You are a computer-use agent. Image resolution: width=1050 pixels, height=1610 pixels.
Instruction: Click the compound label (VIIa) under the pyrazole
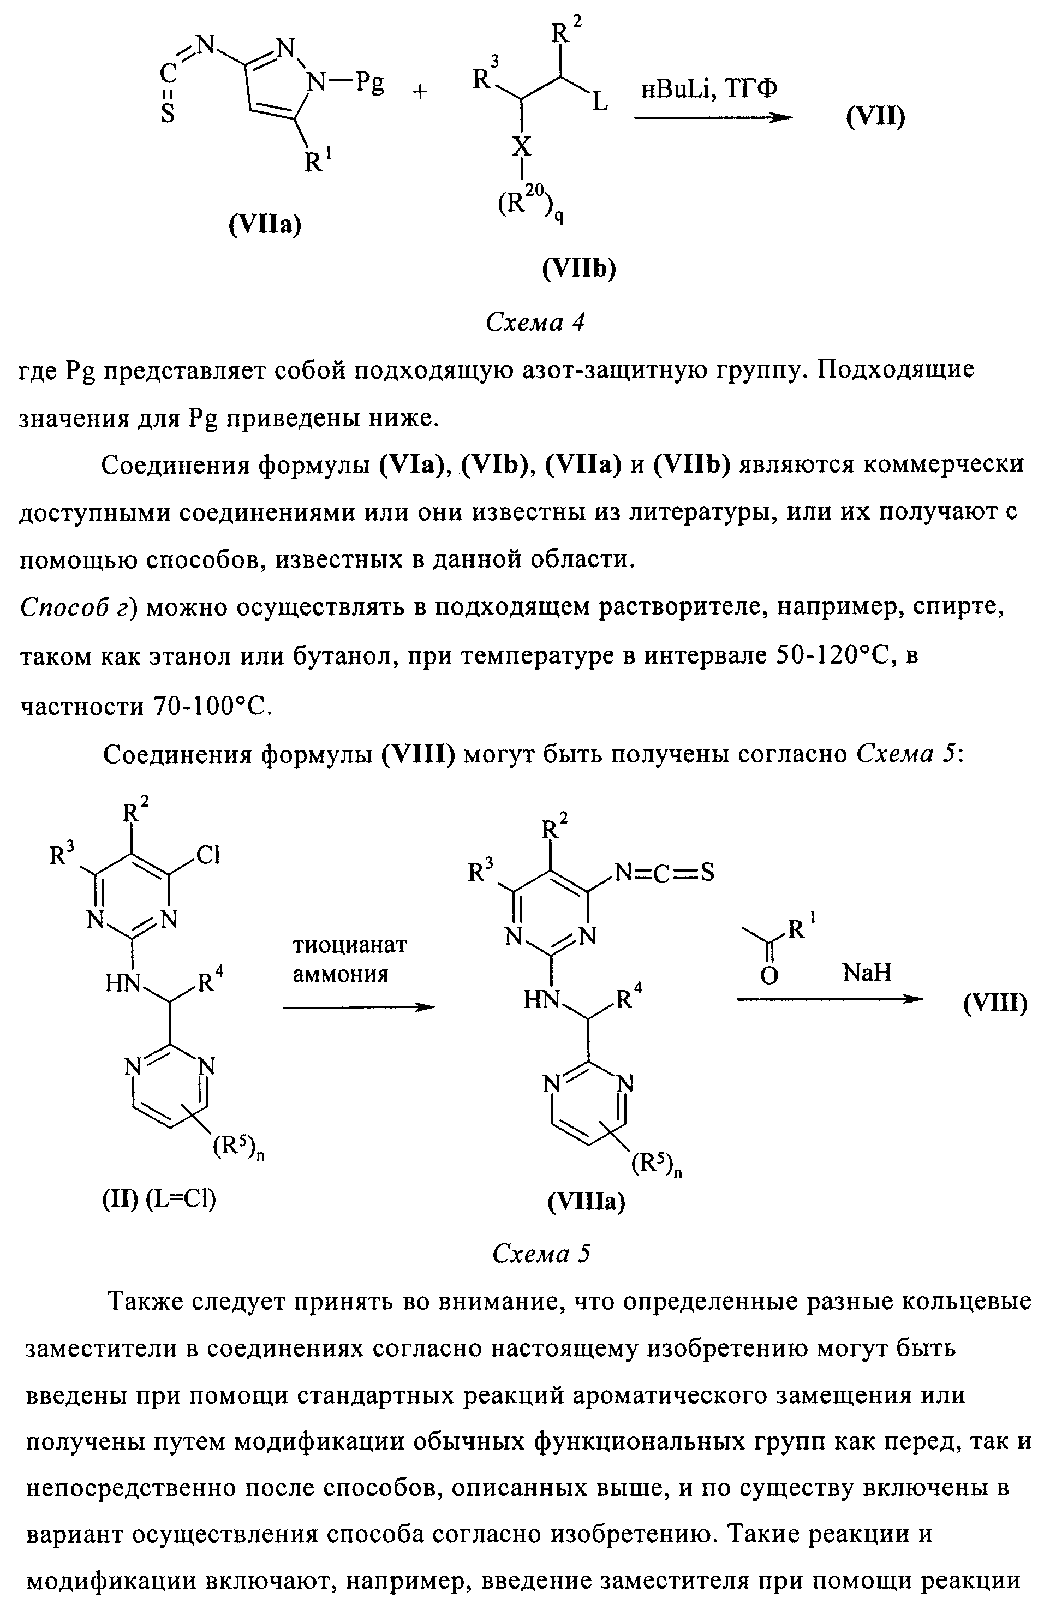pos(265,223)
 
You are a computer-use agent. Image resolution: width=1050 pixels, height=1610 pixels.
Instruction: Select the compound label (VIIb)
pos(579,269)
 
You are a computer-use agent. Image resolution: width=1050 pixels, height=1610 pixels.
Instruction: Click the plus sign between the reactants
pos(420,92)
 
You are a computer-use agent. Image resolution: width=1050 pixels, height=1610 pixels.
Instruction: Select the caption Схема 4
pos(534,323)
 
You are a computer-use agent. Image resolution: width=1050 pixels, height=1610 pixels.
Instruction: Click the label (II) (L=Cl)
pos(159,1198)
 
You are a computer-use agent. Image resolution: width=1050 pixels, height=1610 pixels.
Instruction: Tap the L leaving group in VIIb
pos(599,104)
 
